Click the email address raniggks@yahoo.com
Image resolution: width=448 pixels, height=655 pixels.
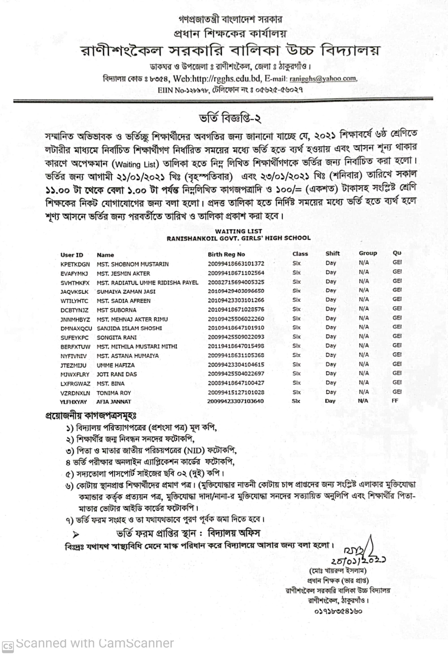(323, 79)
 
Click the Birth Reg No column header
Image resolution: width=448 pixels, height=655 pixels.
(226, 254)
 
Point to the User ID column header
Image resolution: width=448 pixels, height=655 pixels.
(72, 255)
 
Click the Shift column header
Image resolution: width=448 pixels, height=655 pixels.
(333, 253)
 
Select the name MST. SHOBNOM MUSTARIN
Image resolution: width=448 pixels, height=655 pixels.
(133, 264)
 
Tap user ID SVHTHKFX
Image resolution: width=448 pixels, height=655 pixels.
(75, 283)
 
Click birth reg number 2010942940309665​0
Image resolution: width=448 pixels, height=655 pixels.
(236, 291)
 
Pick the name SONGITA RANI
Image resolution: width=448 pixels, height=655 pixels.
(116, 337)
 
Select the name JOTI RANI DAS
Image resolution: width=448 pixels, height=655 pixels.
(117, 374)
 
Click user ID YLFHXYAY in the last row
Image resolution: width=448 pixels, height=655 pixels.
(73, 402)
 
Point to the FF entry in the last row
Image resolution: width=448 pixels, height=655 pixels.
(395, 401)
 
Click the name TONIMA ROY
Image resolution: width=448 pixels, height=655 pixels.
(114, 393)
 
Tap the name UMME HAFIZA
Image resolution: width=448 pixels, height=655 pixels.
(116, 365)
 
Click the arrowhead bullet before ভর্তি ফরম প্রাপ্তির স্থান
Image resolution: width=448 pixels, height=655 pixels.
(76, 534)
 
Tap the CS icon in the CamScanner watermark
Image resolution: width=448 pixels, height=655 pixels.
(8, 646)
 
